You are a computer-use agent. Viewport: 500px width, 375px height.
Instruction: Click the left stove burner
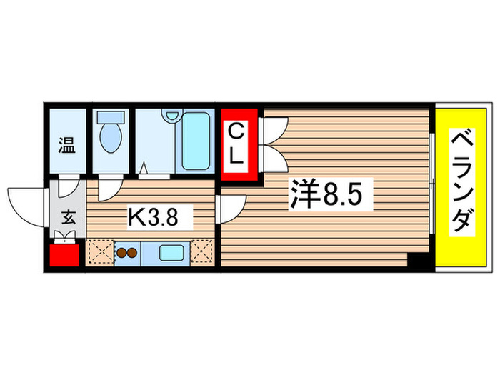coord(121,253)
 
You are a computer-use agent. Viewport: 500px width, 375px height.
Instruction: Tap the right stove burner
coord(132,253)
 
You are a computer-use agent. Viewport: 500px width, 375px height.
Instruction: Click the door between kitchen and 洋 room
coord(230,207)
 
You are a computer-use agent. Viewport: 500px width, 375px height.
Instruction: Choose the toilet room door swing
coord(109,189)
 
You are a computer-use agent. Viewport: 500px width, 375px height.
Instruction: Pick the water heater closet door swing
coord(68,187)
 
